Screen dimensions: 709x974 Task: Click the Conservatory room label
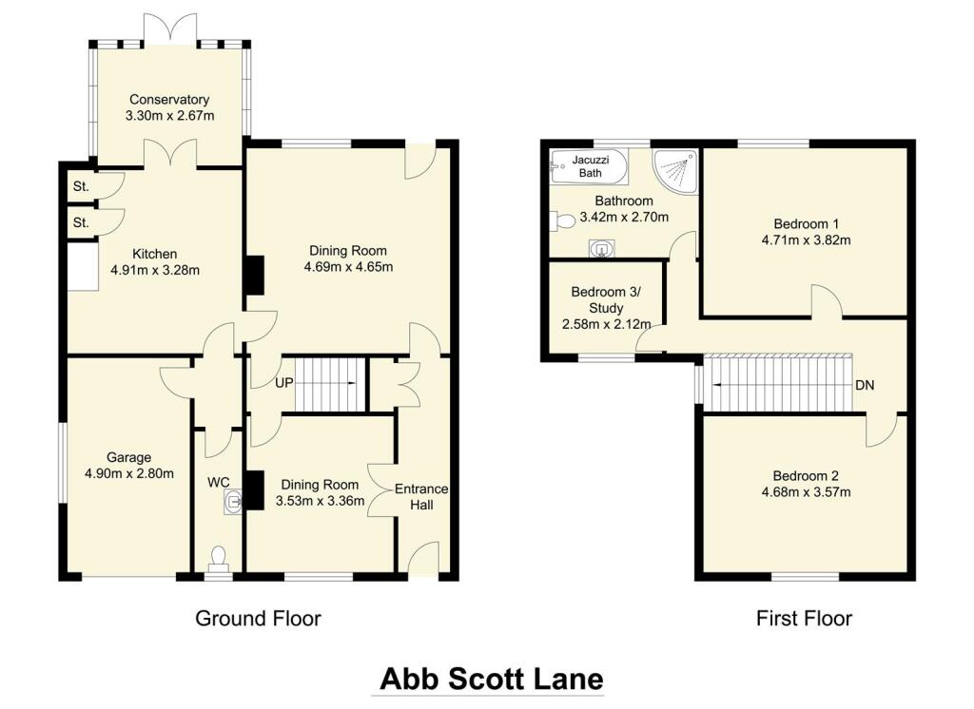point(169,99)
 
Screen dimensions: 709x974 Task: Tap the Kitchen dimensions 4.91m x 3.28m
point(155,270)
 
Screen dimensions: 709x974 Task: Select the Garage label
point(128,457)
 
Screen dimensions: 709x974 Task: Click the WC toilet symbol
point(218,556)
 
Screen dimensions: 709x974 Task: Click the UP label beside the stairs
point(283,383)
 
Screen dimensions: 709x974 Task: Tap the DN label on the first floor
point(865,386)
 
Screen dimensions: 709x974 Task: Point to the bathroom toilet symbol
point(563,220)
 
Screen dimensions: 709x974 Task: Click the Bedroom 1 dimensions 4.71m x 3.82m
point(806,240)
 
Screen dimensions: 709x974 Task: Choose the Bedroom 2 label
point(806,475)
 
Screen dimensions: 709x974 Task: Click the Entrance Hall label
point(421,496)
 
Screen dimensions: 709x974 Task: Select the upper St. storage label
point(81,187)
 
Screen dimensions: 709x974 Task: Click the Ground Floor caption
point(258,619)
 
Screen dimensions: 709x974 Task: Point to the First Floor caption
point(804,619)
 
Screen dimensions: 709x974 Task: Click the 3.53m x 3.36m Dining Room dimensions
point(321,501)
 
